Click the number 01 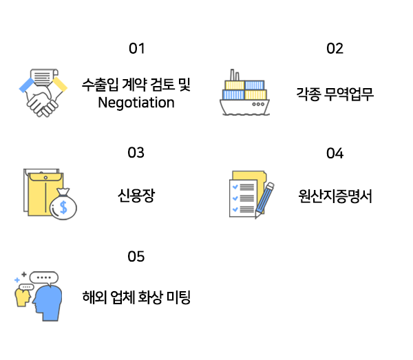click(x=137, y=49)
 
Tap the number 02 click(x=335, y=49)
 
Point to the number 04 click(x=335, y=153)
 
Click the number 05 click(x=136, y=257)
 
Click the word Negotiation click(x=136, y=103)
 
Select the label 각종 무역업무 click(x=335, y=94)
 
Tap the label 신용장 click(x=136, y=195)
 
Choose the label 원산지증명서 click(x=335, y=195)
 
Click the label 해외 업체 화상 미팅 click(x=136, y=299)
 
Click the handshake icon click(x=42, y=93)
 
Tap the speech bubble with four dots click(x=44, y=278)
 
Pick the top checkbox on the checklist click(x=235, y=187)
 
